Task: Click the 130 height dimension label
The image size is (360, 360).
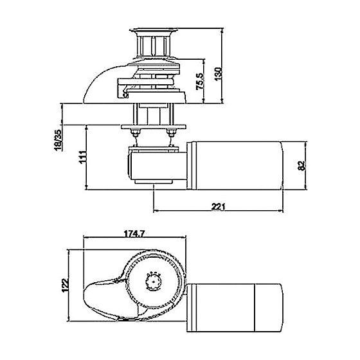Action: pos(219,74)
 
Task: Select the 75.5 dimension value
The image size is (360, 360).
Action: pos(200,82)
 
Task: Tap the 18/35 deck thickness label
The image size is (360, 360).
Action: pos(59,140)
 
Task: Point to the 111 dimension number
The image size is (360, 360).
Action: pos(82,157)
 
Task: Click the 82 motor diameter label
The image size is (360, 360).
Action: pos(301,166)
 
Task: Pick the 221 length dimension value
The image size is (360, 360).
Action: pos(218,206)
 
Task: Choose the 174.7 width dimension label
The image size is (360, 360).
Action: pos(134,234)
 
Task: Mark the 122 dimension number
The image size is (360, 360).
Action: pos(66,285)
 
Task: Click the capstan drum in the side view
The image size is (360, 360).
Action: pos(154,45)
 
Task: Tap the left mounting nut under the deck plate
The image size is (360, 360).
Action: pos(135,132)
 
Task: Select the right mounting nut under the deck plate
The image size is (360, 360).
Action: pos(170,132)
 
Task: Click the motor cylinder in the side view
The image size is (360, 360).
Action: pos(235,166)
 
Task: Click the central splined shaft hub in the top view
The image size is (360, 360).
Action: pos(153,282)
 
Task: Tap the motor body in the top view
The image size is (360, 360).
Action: pos(235,308)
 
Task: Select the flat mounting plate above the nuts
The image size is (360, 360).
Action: pos(154,127)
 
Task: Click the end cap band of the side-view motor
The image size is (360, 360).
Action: pos(192,166)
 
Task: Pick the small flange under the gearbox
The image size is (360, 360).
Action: pos(154,182)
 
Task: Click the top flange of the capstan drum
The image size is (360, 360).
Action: pos(154,31)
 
